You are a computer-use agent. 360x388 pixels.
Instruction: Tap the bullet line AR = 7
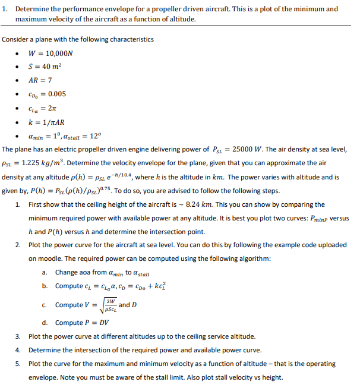click(x=40, y=80)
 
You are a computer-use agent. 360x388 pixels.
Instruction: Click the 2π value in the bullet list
click(x=53, y=108)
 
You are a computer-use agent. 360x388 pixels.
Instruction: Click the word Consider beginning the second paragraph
click(x=17, y=39)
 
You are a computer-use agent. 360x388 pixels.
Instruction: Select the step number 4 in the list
click(x=18, y=349)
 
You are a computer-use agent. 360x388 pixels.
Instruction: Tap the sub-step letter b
click(x=45, y=286)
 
